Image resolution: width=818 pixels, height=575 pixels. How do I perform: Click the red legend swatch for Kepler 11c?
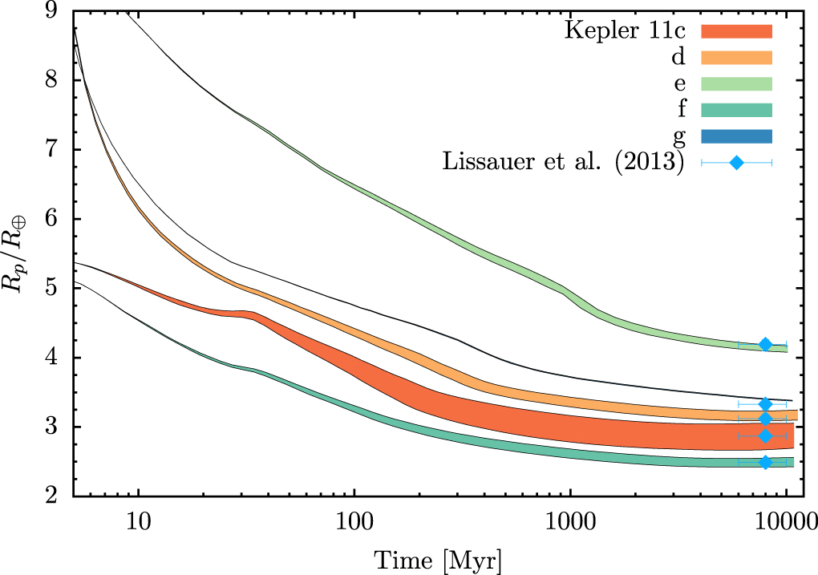(736, 31)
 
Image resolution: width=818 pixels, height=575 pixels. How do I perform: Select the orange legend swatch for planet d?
(736, 58)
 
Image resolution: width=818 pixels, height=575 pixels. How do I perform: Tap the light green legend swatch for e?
(736, 83)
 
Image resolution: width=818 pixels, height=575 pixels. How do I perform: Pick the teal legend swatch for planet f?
(736, 110)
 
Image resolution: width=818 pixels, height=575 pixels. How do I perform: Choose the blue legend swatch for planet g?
(736, 136)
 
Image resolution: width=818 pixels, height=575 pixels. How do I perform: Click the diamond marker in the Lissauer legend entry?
(736, 163)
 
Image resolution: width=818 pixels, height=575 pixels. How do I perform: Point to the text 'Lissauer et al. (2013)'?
(562, 163)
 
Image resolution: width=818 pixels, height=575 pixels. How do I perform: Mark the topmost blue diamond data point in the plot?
(765, 344)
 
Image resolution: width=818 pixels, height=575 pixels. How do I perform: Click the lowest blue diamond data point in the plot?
(765, 462)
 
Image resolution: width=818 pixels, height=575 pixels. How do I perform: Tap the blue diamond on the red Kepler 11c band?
(765, 435)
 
